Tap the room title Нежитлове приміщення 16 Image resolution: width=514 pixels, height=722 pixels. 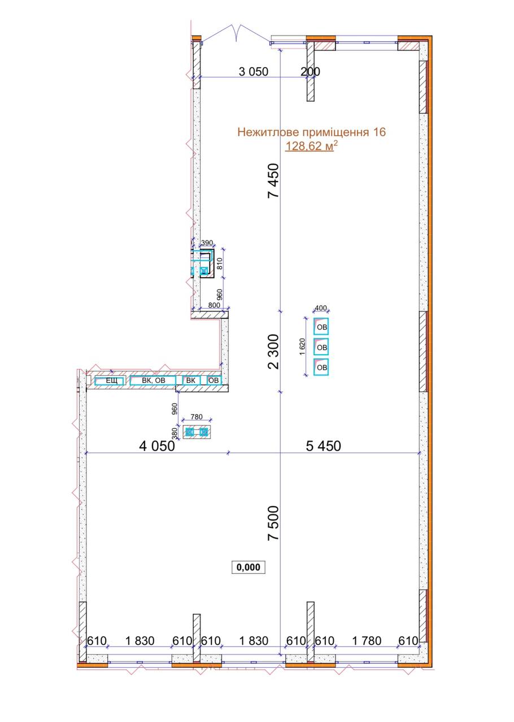click(312, 132)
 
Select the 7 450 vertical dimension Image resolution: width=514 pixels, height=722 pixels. click(273, 180)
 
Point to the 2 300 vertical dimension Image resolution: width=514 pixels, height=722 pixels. click(273, 351)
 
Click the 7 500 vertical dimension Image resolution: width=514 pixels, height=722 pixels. click(273, 523)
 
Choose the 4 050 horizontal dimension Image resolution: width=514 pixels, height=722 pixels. click(157, 446)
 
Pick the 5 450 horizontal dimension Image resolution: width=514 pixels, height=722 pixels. click(323, 446)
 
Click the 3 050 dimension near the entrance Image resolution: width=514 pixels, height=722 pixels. click(254, 72)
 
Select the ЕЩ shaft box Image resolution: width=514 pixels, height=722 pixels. click(110, 381)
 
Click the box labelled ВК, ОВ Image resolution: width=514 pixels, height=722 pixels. click(153, 380)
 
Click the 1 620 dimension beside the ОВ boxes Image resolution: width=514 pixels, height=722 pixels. click(302, 346)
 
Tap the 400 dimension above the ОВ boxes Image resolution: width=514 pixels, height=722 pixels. click(321, 308)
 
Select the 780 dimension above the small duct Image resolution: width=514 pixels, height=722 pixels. click(197, 417)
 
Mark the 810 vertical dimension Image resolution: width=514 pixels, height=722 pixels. click(220, 263)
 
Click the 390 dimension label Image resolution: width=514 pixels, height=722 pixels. click(207, 243)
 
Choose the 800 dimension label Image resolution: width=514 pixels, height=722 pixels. click(214, 305)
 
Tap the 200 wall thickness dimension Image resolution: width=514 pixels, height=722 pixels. click(310, 72)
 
